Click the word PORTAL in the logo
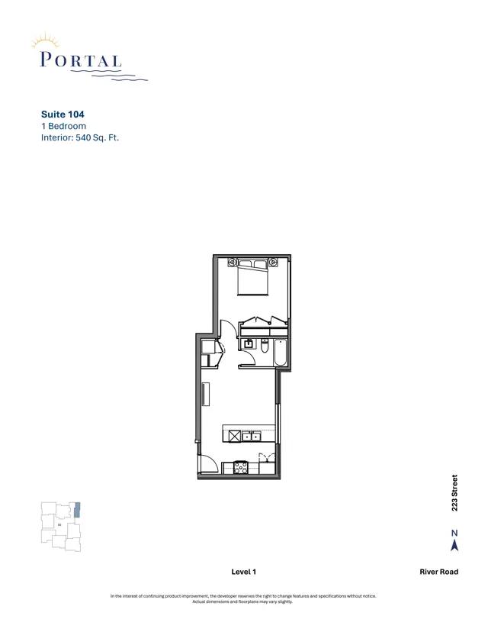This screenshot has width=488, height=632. [79, 60]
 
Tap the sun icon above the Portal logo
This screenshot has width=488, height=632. [47, 40]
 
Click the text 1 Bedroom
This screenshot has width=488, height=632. [63, 126]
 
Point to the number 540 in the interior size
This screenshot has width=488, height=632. [84, 138]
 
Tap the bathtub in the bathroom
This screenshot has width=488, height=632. [279, 352]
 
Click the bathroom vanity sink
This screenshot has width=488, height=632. [249, 343]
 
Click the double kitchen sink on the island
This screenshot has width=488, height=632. [252, 436]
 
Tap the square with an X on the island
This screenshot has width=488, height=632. [233, 436]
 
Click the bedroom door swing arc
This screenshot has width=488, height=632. [227, 330]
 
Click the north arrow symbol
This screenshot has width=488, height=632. [454, 544]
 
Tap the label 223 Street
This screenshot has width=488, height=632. [454, 493]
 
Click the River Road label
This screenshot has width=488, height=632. [438, 572]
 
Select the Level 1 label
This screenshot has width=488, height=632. [243, 572]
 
